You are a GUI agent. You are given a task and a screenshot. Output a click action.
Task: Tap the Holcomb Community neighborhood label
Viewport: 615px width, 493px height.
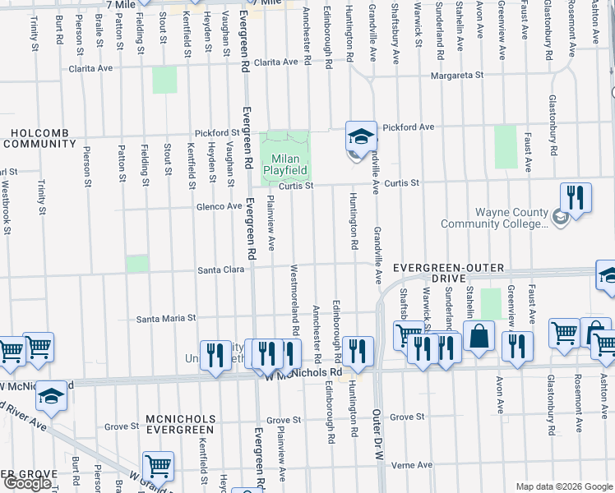(x=39, y=137)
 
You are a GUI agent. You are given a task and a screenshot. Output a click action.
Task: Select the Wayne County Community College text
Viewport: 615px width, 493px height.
(x=494, y=217)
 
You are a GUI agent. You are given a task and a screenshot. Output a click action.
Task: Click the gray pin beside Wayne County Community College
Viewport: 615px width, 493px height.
(x=560, y=217)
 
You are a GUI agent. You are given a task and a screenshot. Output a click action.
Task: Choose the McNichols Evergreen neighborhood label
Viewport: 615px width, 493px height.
(x=180, y=424)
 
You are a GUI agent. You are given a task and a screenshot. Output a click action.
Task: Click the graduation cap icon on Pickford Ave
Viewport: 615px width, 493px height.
(x=361, y=136)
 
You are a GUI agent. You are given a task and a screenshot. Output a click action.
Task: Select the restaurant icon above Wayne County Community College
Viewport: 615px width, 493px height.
(x=576, y=198)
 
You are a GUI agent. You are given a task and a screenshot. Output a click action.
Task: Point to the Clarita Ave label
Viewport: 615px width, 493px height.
(x=275, y=62)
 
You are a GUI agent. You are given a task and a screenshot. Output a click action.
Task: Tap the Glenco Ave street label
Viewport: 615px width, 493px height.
(x=219, y=206)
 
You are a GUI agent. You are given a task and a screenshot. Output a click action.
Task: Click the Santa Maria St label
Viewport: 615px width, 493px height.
(x=166, y=318)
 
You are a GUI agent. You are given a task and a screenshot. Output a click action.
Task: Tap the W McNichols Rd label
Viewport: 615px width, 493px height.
(x=303, y=373)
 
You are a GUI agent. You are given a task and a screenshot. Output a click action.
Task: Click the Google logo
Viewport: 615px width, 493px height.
(x=28, y=483)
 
